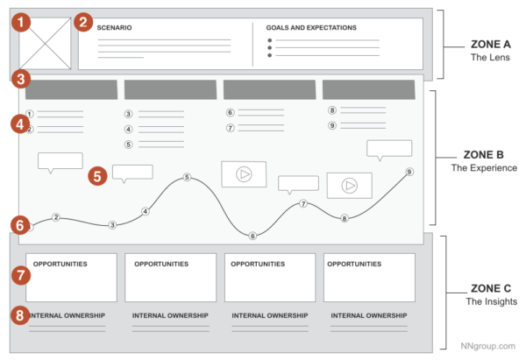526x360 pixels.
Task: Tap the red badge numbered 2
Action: (84, 22)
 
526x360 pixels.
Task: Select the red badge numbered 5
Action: (98, 175)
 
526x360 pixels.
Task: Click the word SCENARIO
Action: (115, 28)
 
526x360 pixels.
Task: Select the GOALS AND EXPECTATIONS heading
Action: (311, 28)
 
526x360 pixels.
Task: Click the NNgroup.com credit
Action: (489, 345)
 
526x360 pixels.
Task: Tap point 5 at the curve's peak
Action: (187, 178)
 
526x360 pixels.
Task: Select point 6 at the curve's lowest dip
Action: (252, 236)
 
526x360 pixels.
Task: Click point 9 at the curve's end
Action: (409, 172)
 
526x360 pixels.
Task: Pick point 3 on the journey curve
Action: (112, 225)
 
